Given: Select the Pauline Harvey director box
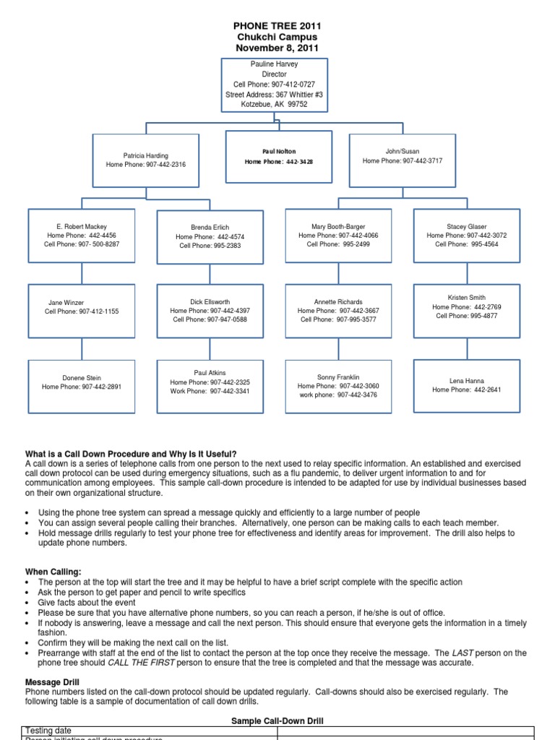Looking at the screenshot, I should pyautogui.click(x=274, y=84).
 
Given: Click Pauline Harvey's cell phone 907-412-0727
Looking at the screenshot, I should pyautogui.click(x=274, y=84).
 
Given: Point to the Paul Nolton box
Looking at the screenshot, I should pyautogui.click(x=279, y=157).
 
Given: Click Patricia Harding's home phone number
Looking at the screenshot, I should pyautogui.click(x=145, y=165).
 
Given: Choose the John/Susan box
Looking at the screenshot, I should pyautogui.click(x=403, y=156).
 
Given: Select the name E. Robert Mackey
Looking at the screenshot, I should pyautogui.click(x=82, y=226).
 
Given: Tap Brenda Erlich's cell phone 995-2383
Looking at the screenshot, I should pyautogui.click(x=210, y=246).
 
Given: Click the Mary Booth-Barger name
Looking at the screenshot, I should pyautogui.click(x=338, y=226).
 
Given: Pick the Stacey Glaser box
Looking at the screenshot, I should pyautogui.click(x=466, y=235).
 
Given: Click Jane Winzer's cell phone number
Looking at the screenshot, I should pyautogui.click(x=82, y=311).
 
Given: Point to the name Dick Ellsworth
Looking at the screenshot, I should pyautogui.click(x=210, y=302).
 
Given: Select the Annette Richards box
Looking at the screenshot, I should pyautogui.click(x=338, y=311).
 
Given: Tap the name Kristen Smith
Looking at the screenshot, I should pyautogui.click(x=466, y=297).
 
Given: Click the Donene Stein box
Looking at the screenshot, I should pyautogui.click(x=82, y=382).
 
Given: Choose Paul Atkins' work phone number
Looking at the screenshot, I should pyautogui.click(x=210, y=392).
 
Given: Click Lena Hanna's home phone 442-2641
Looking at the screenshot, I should pyautogui.click(x=466, y=390).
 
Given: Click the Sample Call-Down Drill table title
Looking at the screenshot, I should pyautogui.click(x=277, y=721).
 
